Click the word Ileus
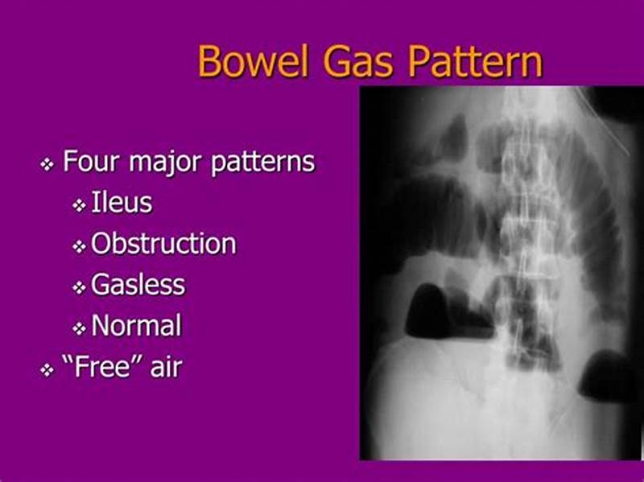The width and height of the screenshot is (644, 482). pyautogui.click(x=122, y=203)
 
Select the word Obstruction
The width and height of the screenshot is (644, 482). pyautogui.click(x=164, y=244)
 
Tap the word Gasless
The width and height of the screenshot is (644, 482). pyautogui.click(x=138, y=285)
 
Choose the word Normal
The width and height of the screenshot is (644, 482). pyautogui.click(x=137, y=326)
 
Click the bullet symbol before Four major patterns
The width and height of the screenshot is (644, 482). pyautogui.click(x=47, y=164)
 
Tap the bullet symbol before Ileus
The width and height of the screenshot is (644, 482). pyautogui.click(x=79, y=205)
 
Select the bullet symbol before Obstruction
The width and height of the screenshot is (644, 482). pyautogui.click(x=79, y=246)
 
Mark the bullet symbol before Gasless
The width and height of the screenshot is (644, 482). pyautogui.click(x=79, y=287)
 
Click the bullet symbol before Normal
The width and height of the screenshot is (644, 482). pyautogui.click(x=79, y=328)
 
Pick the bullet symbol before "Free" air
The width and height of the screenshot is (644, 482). pyautogui.click(x=47, y=370)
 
